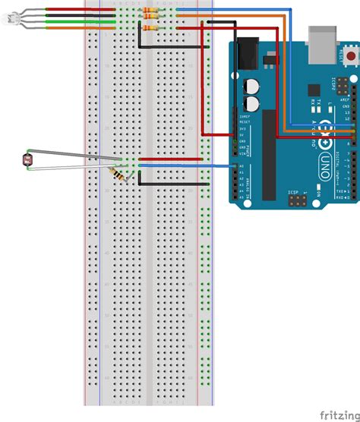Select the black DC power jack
click(x=246, y=55)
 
